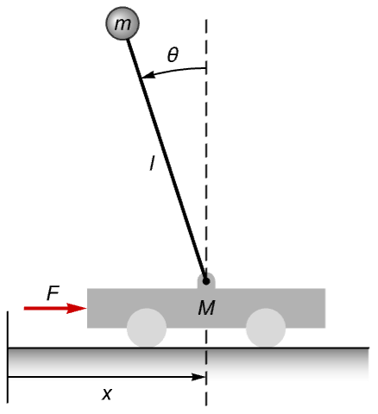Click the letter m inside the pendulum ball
pyautogui.click(x=123, y=24)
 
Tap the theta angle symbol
pyautogui.click(x=173, y=54)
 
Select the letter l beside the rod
pyautogui.click(x=152, y=163)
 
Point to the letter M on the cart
pyautogui.click(x=206, y=308)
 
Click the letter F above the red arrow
pyautogui.click(x=53, y=292)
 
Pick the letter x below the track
pyautogui.click(x=107, y=393)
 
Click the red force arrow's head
pyautogui.click(x=77, y=308)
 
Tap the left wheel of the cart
pyautogui.click(x=147, y=328)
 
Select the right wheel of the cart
pyautogui.click(x=266, y=328)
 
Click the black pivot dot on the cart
pyautogui.click(x=206, y=281)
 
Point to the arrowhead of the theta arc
pyautogui.click(x=148, y=75)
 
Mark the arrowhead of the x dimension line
pyautogui.click(x=198, y=377)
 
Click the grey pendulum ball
pyautogui.click(x=123, y=23)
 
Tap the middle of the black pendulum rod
pyautogui.click(x=167, y=160)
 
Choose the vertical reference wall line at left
pyautogui.click(x=8, y=357)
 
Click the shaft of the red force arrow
pyautogui.click(x=46, y=308)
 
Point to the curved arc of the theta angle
pyautogui.click(x=173, y=70)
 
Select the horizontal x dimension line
pyautogui.click(x=107, y=377)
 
